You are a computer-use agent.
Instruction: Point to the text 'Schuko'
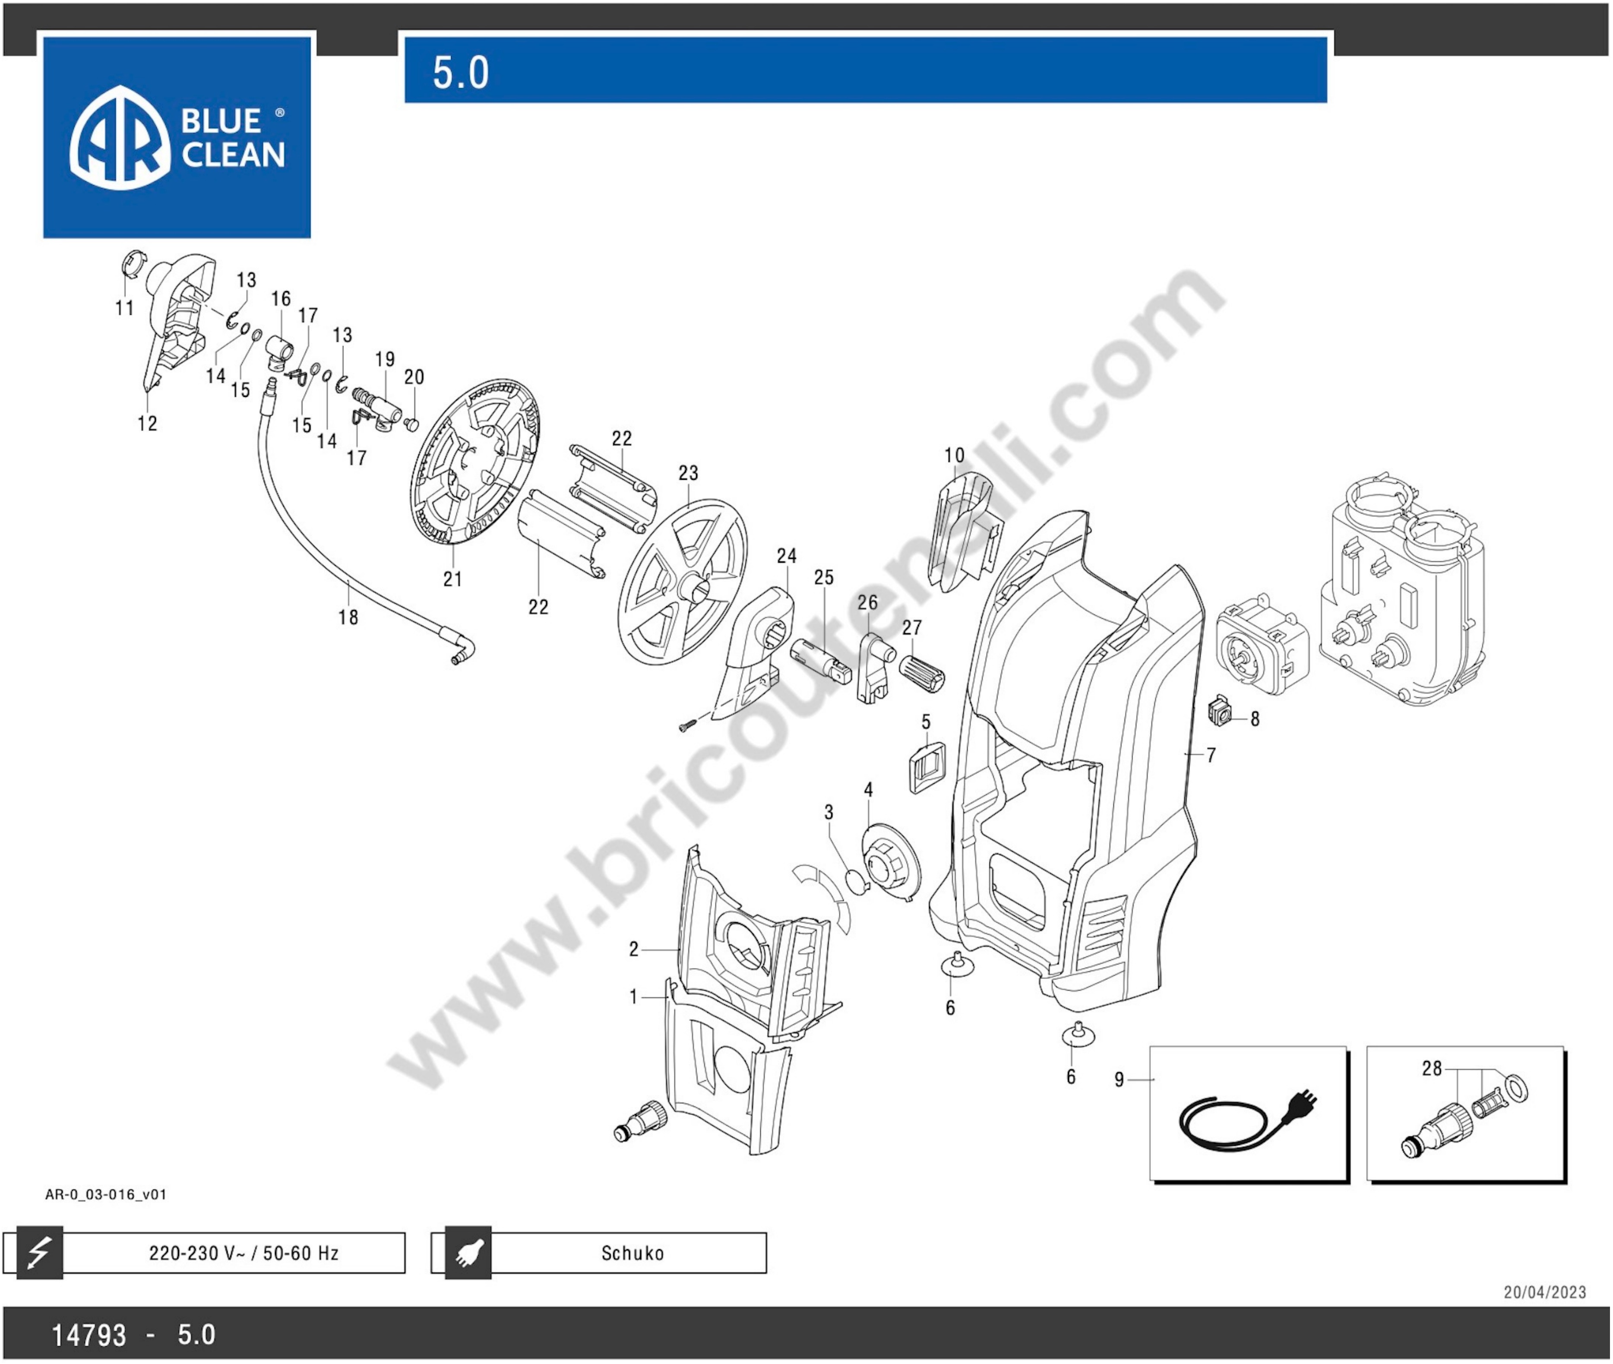(633, 1253)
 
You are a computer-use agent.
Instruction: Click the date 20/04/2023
(1544, 1292)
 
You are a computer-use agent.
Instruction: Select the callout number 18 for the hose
(348, 617)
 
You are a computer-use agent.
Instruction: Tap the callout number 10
(954, 456)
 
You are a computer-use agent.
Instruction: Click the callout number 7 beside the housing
(1211, 755)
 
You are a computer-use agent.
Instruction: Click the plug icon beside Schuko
(468, 1253)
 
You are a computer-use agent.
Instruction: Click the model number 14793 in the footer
(89, 1335)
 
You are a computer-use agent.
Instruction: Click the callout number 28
(1432, 1069)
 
